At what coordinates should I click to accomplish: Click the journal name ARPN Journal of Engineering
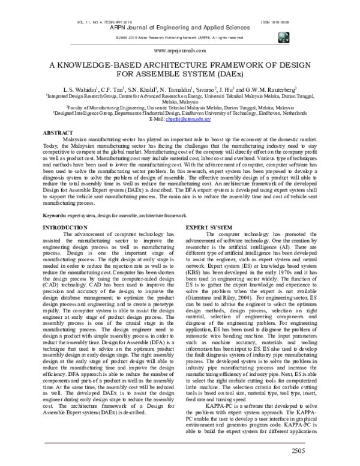[x=179, y=28]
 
